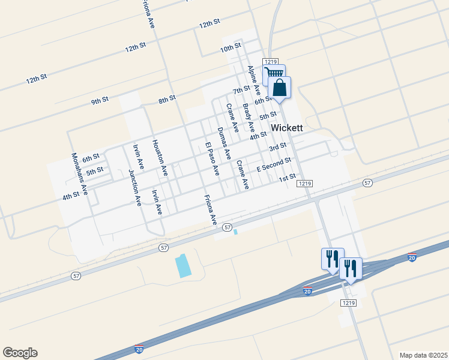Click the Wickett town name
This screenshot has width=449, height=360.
[x=287, y=128]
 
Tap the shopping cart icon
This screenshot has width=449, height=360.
[x=274, y=73]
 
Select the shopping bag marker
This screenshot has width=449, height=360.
[x=280, y=87]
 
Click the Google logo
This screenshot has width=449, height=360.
[x=20, y=353]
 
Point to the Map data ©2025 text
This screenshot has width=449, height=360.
[x=424, y=355]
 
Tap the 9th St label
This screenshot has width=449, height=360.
[x=100, y=101]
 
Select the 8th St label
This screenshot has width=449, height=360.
[x=167, y=99]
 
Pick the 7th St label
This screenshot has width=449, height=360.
[x=241, y=90]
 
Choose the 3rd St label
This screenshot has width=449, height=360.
[x=277, y=147]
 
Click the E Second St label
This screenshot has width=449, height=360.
[x=274, y=164]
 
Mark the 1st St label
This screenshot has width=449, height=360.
[x=288, y=177]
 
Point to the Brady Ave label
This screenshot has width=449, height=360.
[x=248, y=118]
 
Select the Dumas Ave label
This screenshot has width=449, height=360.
[x=224, y=143]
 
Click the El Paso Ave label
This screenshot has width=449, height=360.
[x=212, y=159]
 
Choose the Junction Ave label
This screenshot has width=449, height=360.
[x=134, y=188]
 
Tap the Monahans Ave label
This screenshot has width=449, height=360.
[x=80, y=174]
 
